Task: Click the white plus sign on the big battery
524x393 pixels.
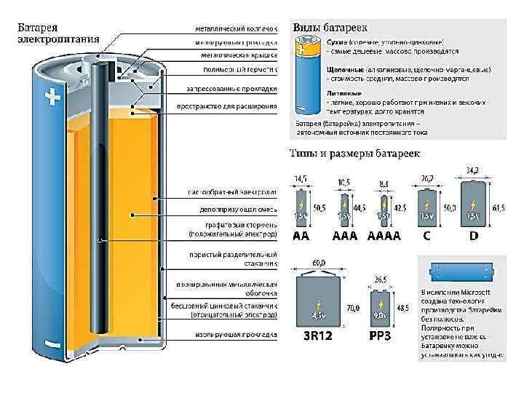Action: [52, 98]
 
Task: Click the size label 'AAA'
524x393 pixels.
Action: [342, 237]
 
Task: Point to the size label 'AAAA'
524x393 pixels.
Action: [384, 237]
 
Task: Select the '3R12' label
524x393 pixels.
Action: [318, 337]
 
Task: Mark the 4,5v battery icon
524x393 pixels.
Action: [319, 303]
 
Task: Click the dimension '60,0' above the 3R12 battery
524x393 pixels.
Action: [319, 263]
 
